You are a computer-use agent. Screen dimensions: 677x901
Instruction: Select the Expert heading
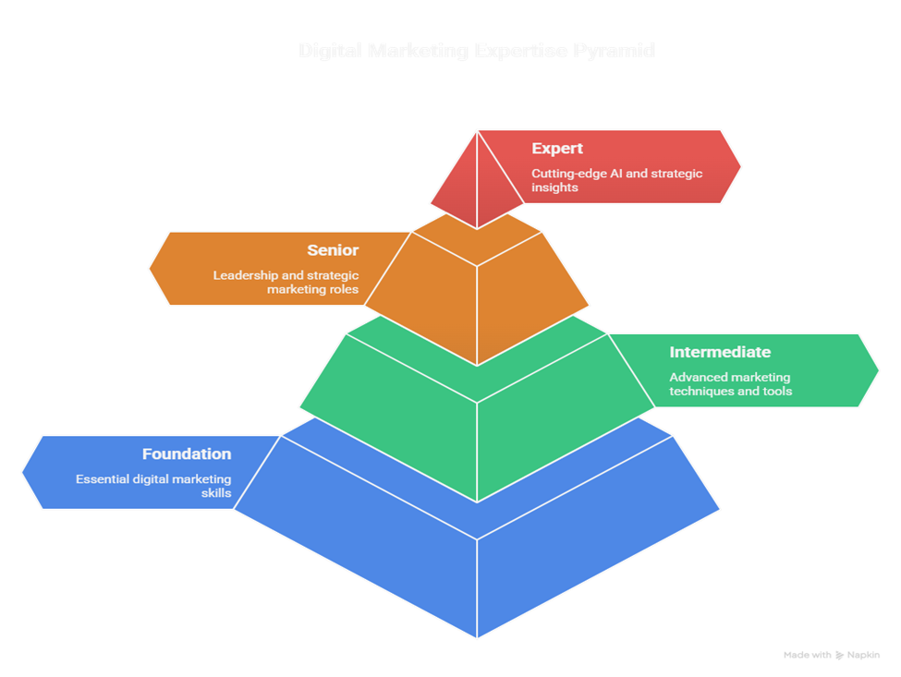pyautogui.click(x=557, y=149)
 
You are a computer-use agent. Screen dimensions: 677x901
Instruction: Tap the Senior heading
pyautogui.click(x=333, y=250)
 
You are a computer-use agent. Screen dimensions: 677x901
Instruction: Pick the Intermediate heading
pyautogui.click(x=720, y=353)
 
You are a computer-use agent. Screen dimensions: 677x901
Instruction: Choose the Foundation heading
pyautogui.click(x=187, y=454)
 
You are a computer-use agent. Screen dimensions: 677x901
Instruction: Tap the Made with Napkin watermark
pyautogui.click(x=832, y=655)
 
